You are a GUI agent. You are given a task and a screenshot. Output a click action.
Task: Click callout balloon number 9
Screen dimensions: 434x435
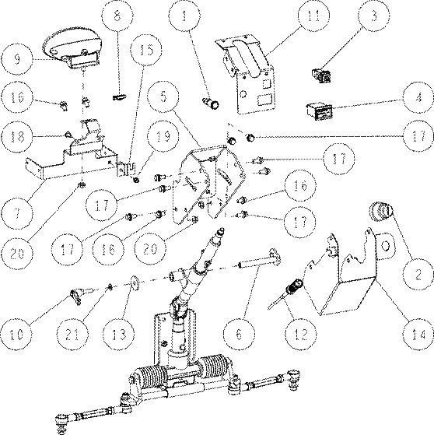(16, 59)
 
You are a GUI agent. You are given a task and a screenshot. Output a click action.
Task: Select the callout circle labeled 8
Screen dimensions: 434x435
(117, 16)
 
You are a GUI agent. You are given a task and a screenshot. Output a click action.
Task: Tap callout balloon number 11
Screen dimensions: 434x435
(314, 16)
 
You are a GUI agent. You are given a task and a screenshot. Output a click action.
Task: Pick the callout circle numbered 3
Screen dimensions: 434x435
(373, 16)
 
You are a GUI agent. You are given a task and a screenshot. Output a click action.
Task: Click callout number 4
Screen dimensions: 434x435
(418, 97)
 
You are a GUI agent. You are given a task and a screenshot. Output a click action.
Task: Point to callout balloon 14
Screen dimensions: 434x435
(418, 335)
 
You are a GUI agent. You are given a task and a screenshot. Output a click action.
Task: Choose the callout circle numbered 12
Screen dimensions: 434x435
(302, 334)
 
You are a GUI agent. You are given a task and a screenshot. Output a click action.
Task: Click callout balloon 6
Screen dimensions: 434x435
(239, 334)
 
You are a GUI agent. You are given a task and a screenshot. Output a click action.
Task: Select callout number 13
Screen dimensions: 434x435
(119, 334)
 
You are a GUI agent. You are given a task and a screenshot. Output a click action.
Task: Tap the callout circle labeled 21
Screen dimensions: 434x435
(72, 335)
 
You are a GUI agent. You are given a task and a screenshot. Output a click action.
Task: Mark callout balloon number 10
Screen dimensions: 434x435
(16, 335)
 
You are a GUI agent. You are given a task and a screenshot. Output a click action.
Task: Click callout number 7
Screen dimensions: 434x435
(16, 214)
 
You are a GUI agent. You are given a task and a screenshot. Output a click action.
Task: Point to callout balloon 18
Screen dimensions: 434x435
(16, 136)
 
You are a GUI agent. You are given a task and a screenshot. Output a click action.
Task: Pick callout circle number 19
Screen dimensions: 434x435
(163, 136)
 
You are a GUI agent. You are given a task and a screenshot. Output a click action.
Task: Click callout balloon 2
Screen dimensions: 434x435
(418, 275)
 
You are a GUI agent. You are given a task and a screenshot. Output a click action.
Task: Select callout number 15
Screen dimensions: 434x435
(146, 50)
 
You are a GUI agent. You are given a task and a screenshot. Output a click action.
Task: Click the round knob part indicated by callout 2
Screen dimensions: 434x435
(382, 212)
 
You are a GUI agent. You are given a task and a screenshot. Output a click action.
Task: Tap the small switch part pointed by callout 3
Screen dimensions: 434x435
(322, 76)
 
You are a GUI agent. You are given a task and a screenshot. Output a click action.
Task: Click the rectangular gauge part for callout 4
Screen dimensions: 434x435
(319, 112)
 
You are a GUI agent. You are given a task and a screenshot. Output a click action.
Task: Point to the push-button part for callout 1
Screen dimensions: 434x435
(212, 103)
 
